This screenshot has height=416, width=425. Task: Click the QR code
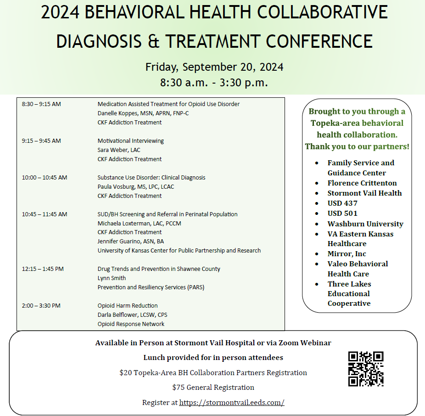tap(366, 369)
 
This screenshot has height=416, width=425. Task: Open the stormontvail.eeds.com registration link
tap(232, 402)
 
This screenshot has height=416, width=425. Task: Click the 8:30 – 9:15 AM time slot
tap(41, 104)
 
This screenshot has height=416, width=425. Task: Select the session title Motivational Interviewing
tap(130, 141)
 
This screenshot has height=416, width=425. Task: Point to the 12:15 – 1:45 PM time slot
tap(43, 269)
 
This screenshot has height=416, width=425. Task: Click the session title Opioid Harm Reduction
tap(128, 306)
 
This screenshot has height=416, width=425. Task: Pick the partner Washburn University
tap(365, 224)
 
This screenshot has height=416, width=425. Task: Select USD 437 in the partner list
tap(342, 203)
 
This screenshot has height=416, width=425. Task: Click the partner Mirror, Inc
tap(347, 254)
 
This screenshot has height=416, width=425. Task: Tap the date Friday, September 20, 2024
tap(214, 67)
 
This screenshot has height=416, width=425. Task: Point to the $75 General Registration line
tap(213, 388)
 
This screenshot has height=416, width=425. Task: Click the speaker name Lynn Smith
tap(112, 278)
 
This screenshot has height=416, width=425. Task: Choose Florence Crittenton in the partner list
tap(362, 183)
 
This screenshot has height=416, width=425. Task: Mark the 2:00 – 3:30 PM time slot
tap(41, 306)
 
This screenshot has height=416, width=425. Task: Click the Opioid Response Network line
tap(131, 324)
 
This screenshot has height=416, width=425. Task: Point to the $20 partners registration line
tap(213, 372)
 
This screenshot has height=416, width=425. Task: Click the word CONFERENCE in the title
tap(319, 42)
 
